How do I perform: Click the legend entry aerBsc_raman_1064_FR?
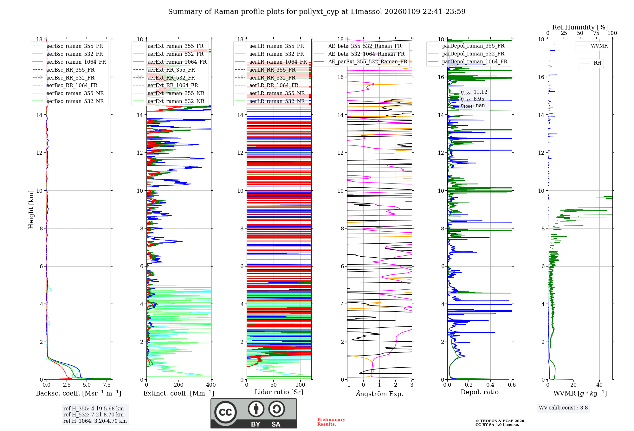click(76, 62)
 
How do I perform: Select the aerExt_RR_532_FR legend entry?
click(171, 78)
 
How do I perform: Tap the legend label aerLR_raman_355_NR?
click(277, 93)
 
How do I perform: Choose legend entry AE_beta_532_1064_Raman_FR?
click(366, 54)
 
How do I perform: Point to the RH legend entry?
click(597, 63)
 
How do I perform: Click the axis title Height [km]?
click(31, 209)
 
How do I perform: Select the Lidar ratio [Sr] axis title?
click(279, 392)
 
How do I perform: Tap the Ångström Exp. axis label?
click(379, 394)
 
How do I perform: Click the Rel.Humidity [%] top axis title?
click(580, 27)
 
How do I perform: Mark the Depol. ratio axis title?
click(479, 392)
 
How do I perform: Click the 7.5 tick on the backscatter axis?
click(107, 385)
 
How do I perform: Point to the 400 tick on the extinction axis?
click(211, 385)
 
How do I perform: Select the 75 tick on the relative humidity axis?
click(596, 33)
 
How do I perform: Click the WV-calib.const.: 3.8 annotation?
click(563, 408)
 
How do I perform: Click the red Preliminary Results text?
click(331, 422)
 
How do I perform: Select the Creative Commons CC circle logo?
click(225, 412)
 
